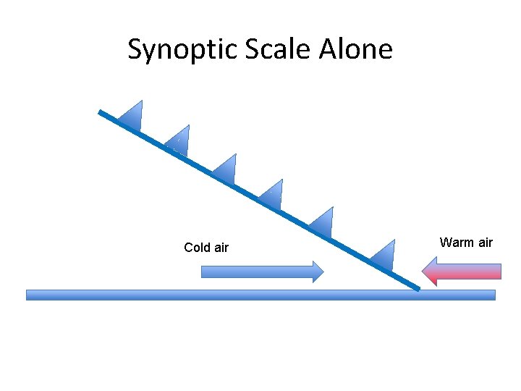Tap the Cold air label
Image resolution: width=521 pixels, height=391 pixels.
pos(206,248)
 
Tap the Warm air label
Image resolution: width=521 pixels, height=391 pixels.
pos(466,243)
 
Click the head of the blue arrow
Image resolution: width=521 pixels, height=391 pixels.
pos(317,272)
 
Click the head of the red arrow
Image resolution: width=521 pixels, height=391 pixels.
pos(430,272)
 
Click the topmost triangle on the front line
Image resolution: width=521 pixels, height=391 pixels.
pos(133,116)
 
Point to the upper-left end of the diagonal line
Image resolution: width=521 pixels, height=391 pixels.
pos(101,112)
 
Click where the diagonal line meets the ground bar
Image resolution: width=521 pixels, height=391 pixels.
pos(418,289)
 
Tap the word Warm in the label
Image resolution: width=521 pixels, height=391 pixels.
pos(456,243)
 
